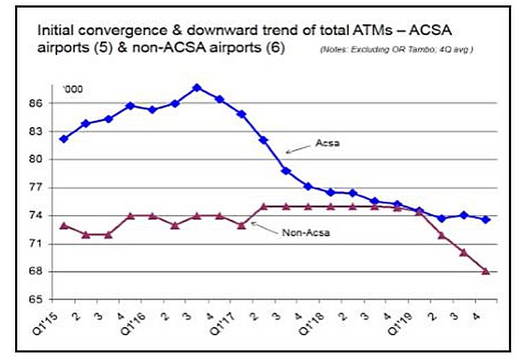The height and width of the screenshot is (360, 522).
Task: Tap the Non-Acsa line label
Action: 306,232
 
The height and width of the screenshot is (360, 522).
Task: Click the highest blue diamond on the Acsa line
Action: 196,88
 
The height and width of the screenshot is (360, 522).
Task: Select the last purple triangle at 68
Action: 486,271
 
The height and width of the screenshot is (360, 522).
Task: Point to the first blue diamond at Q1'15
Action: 64,139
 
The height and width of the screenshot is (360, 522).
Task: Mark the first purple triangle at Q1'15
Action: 64,225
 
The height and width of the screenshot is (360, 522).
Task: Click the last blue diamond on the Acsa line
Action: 486,220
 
